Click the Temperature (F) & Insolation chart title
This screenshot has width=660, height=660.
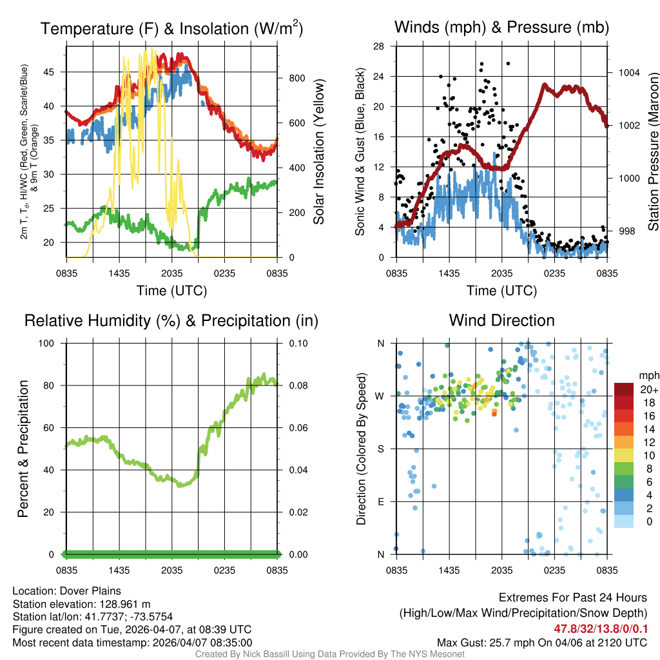(171, 28)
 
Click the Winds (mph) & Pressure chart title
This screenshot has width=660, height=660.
(501, 27)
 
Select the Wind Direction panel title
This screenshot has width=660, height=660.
(501, 320)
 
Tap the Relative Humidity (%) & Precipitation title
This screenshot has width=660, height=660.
(171, 320)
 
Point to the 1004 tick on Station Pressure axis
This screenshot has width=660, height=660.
(628, 73)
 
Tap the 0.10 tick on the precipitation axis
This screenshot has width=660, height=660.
(297, 344)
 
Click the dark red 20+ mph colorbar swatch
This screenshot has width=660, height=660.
(623, 390)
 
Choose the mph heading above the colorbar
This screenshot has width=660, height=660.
(647, 375)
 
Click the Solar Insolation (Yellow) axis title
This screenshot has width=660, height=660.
(319, 151)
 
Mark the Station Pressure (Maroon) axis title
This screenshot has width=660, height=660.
(652, 151)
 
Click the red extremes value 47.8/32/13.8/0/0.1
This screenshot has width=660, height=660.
(600, 628)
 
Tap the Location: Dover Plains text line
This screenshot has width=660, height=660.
(67, 591)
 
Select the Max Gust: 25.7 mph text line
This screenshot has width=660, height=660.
(541, 642)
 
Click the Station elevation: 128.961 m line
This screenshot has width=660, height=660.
(81, 604)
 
